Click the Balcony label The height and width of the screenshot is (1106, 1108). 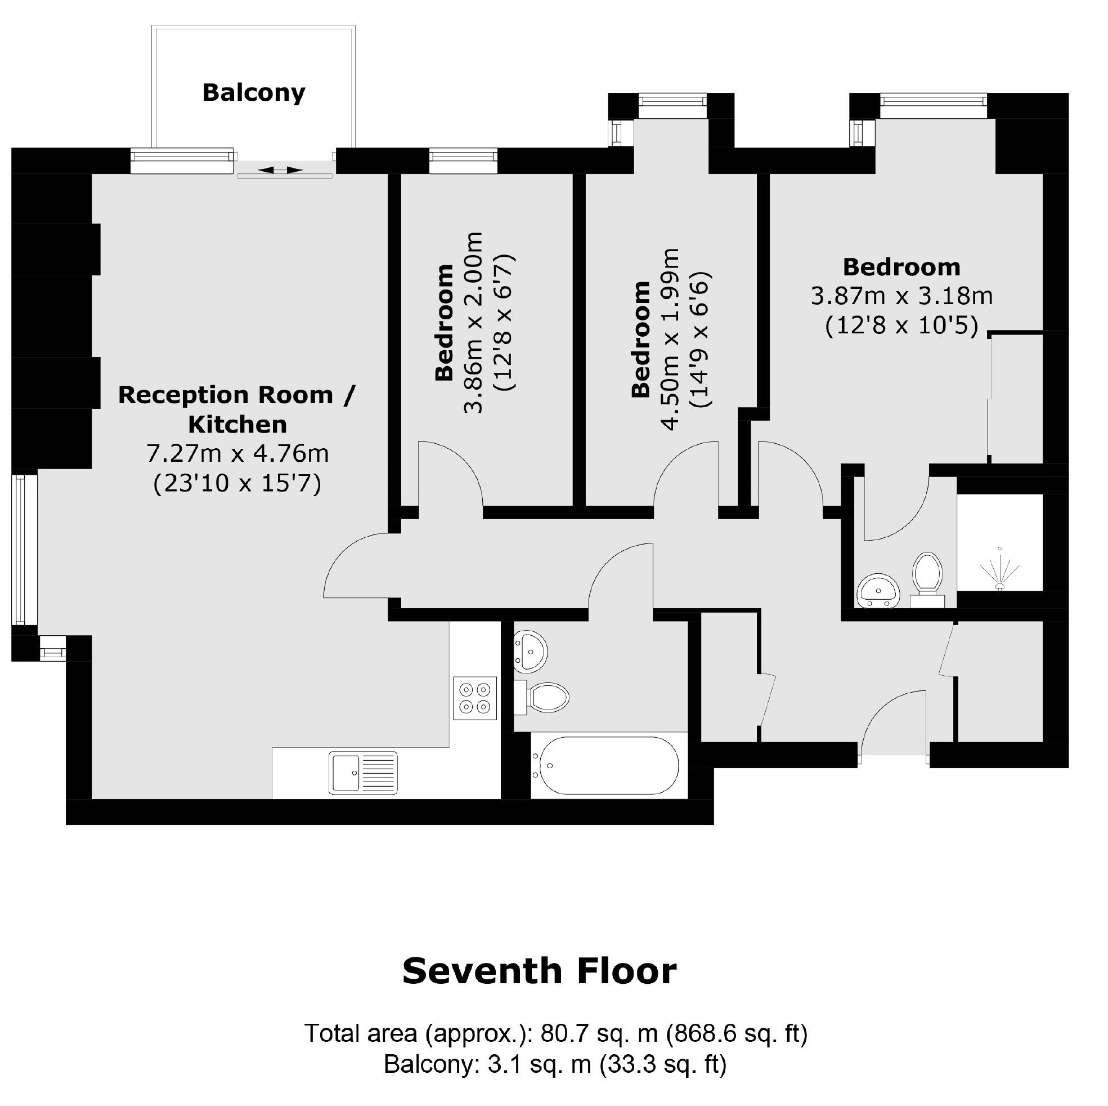(253, 92)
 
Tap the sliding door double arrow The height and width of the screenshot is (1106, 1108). (280, 170)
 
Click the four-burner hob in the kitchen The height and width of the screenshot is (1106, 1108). (475, 698)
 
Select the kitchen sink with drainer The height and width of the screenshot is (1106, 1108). (363, 773)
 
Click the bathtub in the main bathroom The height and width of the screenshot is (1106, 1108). (605, 766)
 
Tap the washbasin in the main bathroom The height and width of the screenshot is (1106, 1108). (531, 652)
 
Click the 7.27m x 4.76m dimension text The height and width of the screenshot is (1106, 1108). (238, 453)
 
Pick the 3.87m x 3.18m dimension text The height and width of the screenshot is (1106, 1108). (901, 296)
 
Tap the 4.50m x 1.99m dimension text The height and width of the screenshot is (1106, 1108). (670, 338)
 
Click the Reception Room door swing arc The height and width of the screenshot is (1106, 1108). (356, 565)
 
